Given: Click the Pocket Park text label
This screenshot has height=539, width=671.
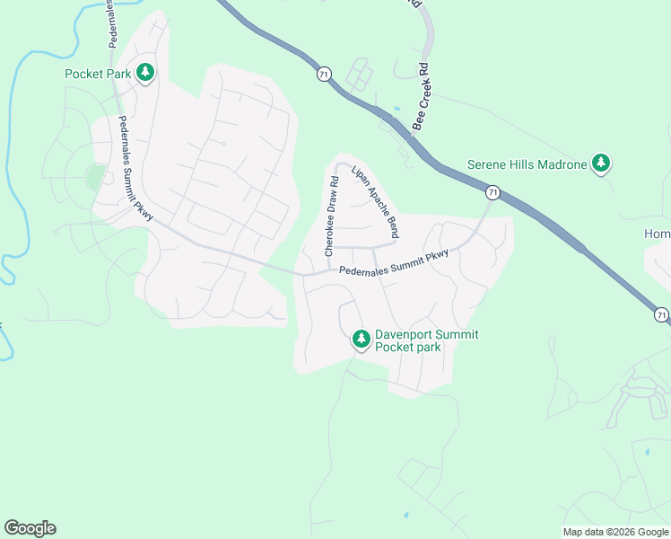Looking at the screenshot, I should coord(98,74).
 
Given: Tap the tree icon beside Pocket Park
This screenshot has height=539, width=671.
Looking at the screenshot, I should coord(145,74).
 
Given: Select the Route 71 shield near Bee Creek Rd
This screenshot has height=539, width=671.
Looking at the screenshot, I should coord(324,74).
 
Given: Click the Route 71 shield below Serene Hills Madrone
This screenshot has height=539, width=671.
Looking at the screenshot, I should coord(492,192).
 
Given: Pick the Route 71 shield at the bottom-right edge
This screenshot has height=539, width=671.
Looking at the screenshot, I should coord(661,314).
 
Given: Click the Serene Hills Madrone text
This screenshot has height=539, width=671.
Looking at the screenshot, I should coord(527,164).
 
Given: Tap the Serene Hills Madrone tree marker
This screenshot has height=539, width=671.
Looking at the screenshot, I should coord(602,163).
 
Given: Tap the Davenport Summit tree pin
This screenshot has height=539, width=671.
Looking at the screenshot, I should coord(361,339).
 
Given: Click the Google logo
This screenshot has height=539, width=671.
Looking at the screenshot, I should coord(30,528).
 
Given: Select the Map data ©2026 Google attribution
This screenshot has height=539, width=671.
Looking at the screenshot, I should coord(614,532).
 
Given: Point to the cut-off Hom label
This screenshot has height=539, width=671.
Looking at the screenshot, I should coord(657,234).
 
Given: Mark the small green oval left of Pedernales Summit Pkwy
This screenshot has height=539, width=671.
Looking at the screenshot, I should coord(95,177).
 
